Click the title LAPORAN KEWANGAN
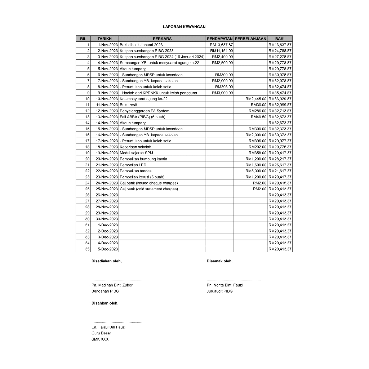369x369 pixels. tap(184, 27)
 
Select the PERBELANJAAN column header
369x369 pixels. tap(250, 39)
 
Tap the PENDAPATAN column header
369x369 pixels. tap(219, 39)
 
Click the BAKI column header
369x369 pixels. tap(280, 39)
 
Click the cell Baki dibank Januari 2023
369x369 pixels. tap(141, 45)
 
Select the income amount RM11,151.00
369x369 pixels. tap(222, 51)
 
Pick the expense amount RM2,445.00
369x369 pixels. tap(256, 99)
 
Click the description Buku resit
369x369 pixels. tap(128, 105)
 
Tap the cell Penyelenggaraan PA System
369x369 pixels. tap(145, 111)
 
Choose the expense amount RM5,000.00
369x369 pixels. tap(256, 171)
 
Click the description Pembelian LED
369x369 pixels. tap(133, 165)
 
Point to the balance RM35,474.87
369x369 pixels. tap(280, 93)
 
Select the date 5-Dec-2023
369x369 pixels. tap(108, 249)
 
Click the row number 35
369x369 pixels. tap(87, 249)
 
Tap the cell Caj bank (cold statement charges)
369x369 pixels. tap(149, 189)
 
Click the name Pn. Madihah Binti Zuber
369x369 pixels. tap(112, 285)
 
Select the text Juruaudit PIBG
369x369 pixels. tap(220, 291)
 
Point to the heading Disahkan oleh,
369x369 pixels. tap(105, 303)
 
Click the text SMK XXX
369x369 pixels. tap(100, 339)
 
